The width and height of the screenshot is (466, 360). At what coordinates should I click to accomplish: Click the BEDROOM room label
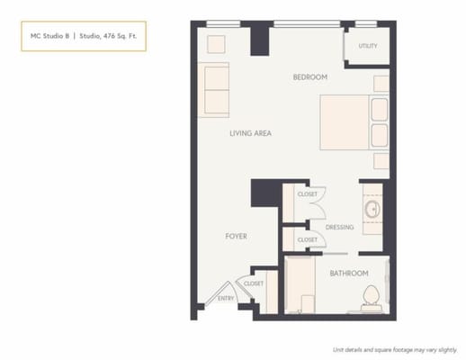click(309, 77)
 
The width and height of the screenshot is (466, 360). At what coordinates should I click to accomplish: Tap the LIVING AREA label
click(250, 133)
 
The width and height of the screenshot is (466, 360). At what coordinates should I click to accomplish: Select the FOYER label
click(236, 237)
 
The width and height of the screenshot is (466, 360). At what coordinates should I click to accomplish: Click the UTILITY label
click(368, 45)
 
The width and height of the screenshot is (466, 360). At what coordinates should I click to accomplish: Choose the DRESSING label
click(339, 227)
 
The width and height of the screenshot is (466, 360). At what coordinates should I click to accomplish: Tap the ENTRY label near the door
click(226, 299)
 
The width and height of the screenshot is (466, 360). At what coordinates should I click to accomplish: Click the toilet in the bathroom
click(370, 296)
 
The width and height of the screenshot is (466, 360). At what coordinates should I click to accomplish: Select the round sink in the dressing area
click(371, 209)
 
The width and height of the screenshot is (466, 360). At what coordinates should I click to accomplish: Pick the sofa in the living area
click(216, 89)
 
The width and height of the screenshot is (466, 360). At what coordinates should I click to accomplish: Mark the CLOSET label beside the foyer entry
click(254, 283)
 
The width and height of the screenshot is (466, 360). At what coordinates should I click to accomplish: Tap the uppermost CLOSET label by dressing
click(307, 193)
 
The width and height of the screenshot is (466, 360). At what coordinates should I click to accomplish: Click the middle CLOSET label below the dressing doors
click(307, 239)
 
